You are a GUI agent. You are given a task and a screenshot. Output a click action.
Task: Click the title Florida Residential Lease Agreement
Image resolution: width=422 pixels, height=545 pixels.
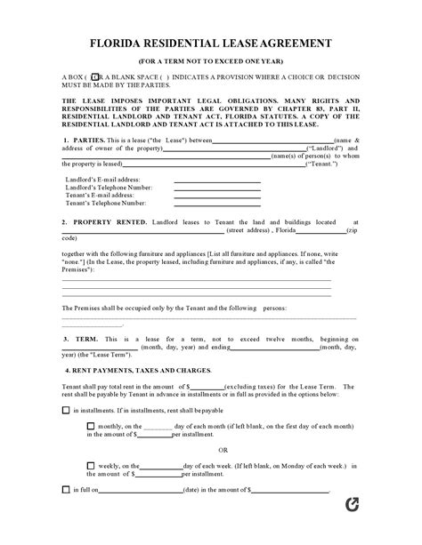click(210, 41)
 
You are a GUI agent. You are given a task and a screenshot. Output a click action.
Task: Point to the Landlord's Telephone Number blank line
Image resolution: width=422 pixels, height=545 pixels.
click(217, 188)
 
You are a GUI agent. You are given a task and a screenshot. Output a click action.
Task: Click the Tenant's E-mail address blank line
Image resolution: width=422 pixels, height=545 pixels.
click(217, 196)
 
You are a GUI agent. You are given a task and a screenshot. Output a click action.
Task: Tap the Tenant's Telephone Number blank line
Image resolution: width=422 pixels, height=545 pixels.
click(217, 204)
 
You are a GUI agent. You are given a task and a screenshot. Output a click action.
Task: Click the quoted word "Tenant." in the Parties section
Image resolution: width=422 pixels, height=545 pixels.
click(321, 164)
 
